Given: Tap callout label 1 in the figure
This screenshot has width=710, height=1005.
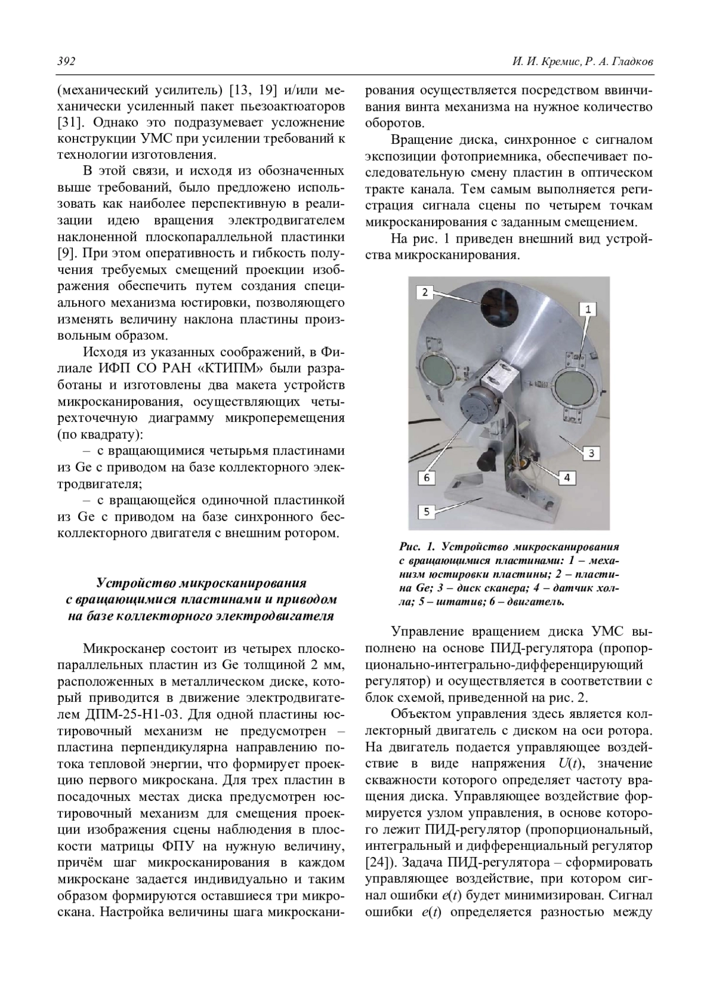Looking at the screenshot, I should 588,308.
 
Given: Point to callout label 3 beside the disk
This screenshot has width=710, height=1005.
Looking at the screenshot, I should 591,453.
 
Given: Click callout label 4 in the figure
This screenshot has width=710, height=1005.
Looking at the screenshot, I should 566,477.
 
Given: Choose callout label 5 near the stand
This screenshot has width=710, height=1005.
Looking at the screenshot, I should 427,511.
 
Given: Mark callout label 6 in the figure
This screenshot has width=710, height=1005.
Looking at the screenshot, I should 425,476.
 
